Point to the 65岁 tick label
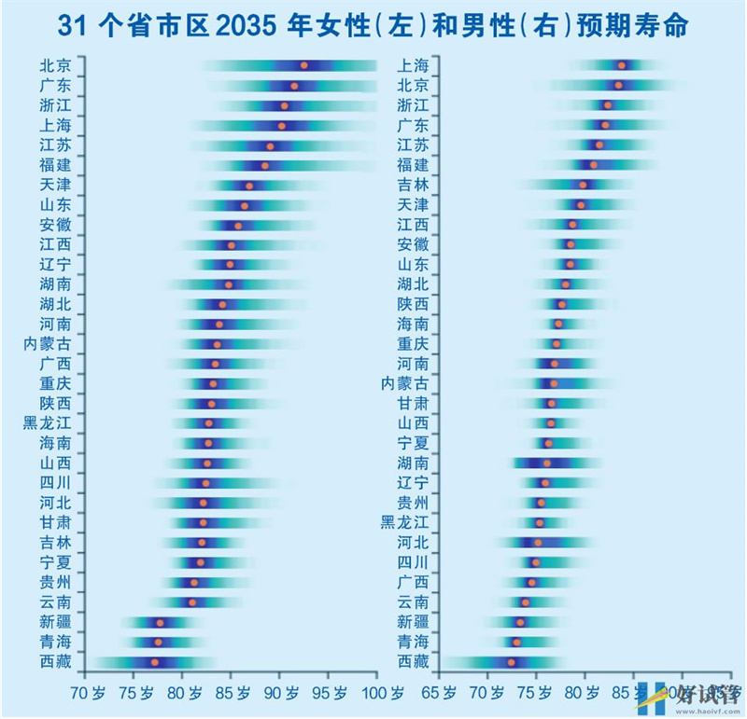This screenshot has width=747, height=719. (x=439, y=693)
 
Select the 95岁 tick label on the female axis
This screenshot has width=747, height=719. (x=329, y=693)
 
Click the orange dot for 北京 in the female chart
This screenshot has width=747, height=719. (x=303, y=65)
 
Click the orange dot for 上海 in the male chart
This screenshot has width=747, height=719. (x=622, y=65)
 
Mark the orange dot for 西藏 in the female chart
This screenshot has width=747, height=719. (x=155, y=662)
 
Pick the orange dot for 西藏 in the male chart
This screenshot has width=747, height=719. (x=511, y=662)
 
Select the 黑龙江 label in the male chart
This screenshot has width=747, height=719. (x=404, y=522)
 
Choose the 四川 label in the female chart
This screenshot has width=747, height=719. (x=55, y=483)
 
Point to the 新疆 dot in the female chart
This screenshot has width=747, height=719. (x=160, y=622)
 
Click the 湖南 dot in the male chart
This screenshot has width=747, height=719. (x=547, y=463)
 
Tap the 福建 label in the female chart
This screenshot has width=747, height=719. (x=55, y=165)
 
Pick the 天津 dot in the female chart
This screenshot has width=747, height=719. (x=248, y=186)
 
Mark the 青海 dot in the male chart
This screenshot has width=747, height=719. (x=516, y=642)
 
